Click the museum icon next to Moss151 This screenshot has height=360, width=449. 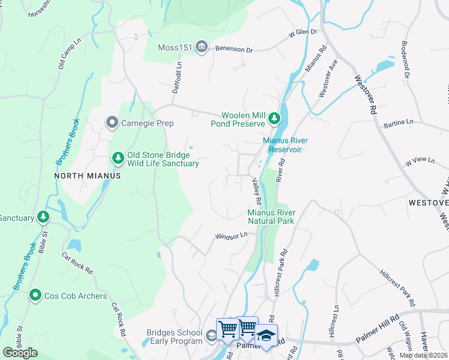coord(202,47)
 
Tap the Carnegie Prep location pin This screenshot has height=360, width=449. coord(112,123)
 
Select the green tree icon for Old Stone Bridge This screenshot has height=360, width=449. coord(118,158)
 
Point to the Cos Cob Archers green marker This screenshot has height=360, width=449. coord(35,296)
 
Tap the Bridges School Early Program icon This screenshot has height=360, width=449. coord(211,337)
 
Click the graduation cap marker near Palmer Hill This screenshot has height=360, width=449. coord(266,335)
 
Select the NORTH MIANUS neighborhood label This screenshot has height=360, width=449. coord(88,176)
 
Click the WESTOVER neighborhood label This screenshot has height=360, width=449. coord(428,203)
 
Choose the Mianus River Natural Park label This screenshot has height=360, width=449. coord(270,217)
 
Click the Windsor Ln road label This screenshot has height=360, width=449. coord(232,236)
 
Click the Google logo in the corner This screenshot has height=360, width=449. coord(20,353)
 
